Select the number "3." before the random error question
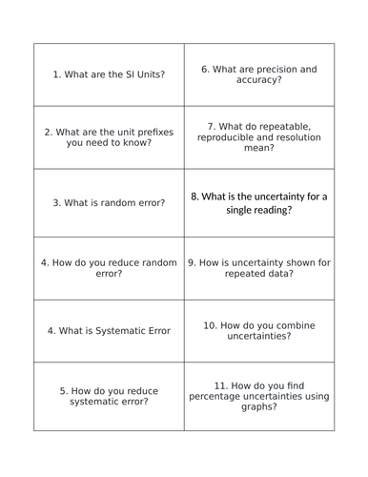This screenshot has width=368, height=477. pos(57,202)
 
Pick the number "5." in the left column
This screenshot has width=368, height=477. pos(63,389)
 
